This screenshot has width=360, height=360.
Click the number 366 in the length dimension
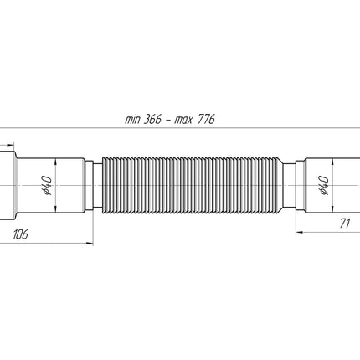(x=153, y=120)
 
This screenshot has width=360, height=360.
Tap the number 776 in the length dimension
(x=206, y=120)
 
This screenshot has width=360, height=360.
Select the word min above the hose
(x=132, y=120)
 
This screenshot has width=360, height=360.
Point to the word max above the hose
(x=183, y=121)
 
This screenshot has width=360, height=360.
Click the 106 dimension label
(x=21, y=234)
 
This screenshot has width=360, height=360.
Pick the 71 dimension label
(x=345, y=224)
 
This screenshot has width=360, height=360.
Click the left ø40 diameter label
(x=47, y=185)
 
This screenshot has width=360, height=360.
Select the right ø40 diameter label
(x=323, y=185)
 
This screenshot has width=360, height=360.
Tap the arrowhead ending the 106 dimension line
(x=90, y=244)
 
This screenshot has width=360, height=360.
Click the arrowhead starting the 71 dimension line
(x=300, y=232)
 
